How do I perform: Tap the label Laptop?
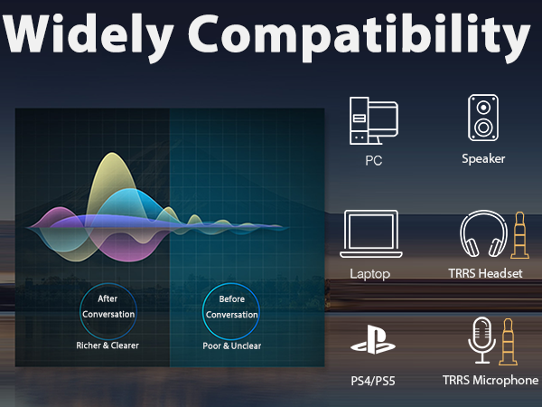371,273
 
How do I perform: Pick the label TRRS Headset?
486,273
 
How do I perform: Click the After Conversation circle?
107,307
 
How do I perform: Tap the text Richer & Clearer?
107,345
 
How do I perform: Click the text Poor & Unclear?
230,345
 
